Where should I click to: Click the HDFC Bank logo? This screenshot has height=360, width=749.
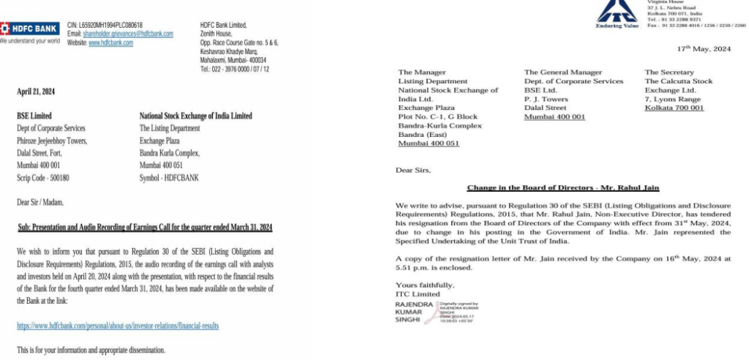tap(31, 29)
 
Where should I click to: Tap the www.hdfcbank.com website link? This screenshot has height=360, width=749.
tap(110, 43)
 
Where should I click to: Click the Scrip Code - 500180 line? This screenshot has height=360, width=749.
tap(43, 178)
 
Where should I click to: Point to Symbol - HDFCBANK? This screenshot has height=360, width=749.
tap(169, 178)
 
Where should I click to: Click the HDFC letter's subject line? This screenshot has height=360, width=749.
tap(145, 227)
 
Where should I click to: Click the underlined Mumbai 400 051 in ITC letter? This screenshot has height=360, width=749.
tap(429, 143)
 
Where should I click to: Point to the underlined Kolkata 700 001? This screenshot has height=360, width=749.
tap(674, 108)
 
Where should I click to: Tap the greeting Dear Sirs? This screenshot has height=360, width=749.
tap(413, 170)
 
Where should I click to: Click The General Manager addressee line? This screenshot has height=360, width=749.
tap(562, 72)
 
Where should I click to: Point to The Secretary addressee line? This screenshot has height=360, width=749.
tap(669, 72)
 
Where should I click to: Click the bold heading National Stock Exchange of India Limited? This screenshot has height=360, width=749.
tap(195, 116)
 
